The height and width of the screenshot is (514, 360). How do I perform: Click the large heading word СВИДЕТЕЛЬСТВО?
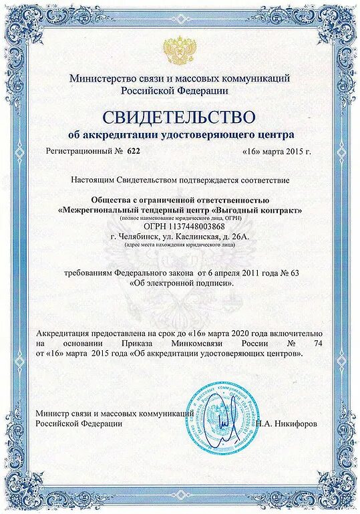click(180, 117)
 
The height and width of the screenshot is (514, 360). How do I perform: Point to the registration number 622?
click(134, 152)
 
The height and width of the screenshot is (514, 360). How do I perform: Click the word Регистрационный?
click(79, 152)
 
